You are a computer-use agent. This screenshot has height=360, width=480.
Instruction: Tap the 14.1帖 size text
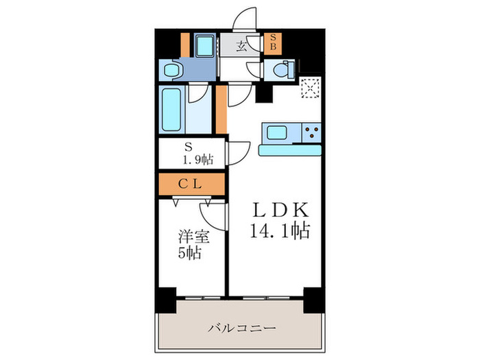click(x=275, y=230)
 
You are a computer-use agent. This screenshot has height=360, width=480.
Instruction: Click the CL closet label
click(x=191, y=183)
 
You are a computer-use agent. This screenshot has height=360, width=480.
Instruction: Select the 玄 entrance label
click(x=242, y=47)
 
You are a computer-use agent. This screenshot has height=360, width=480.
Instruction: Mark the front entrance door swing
click(x=244, y=21)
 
